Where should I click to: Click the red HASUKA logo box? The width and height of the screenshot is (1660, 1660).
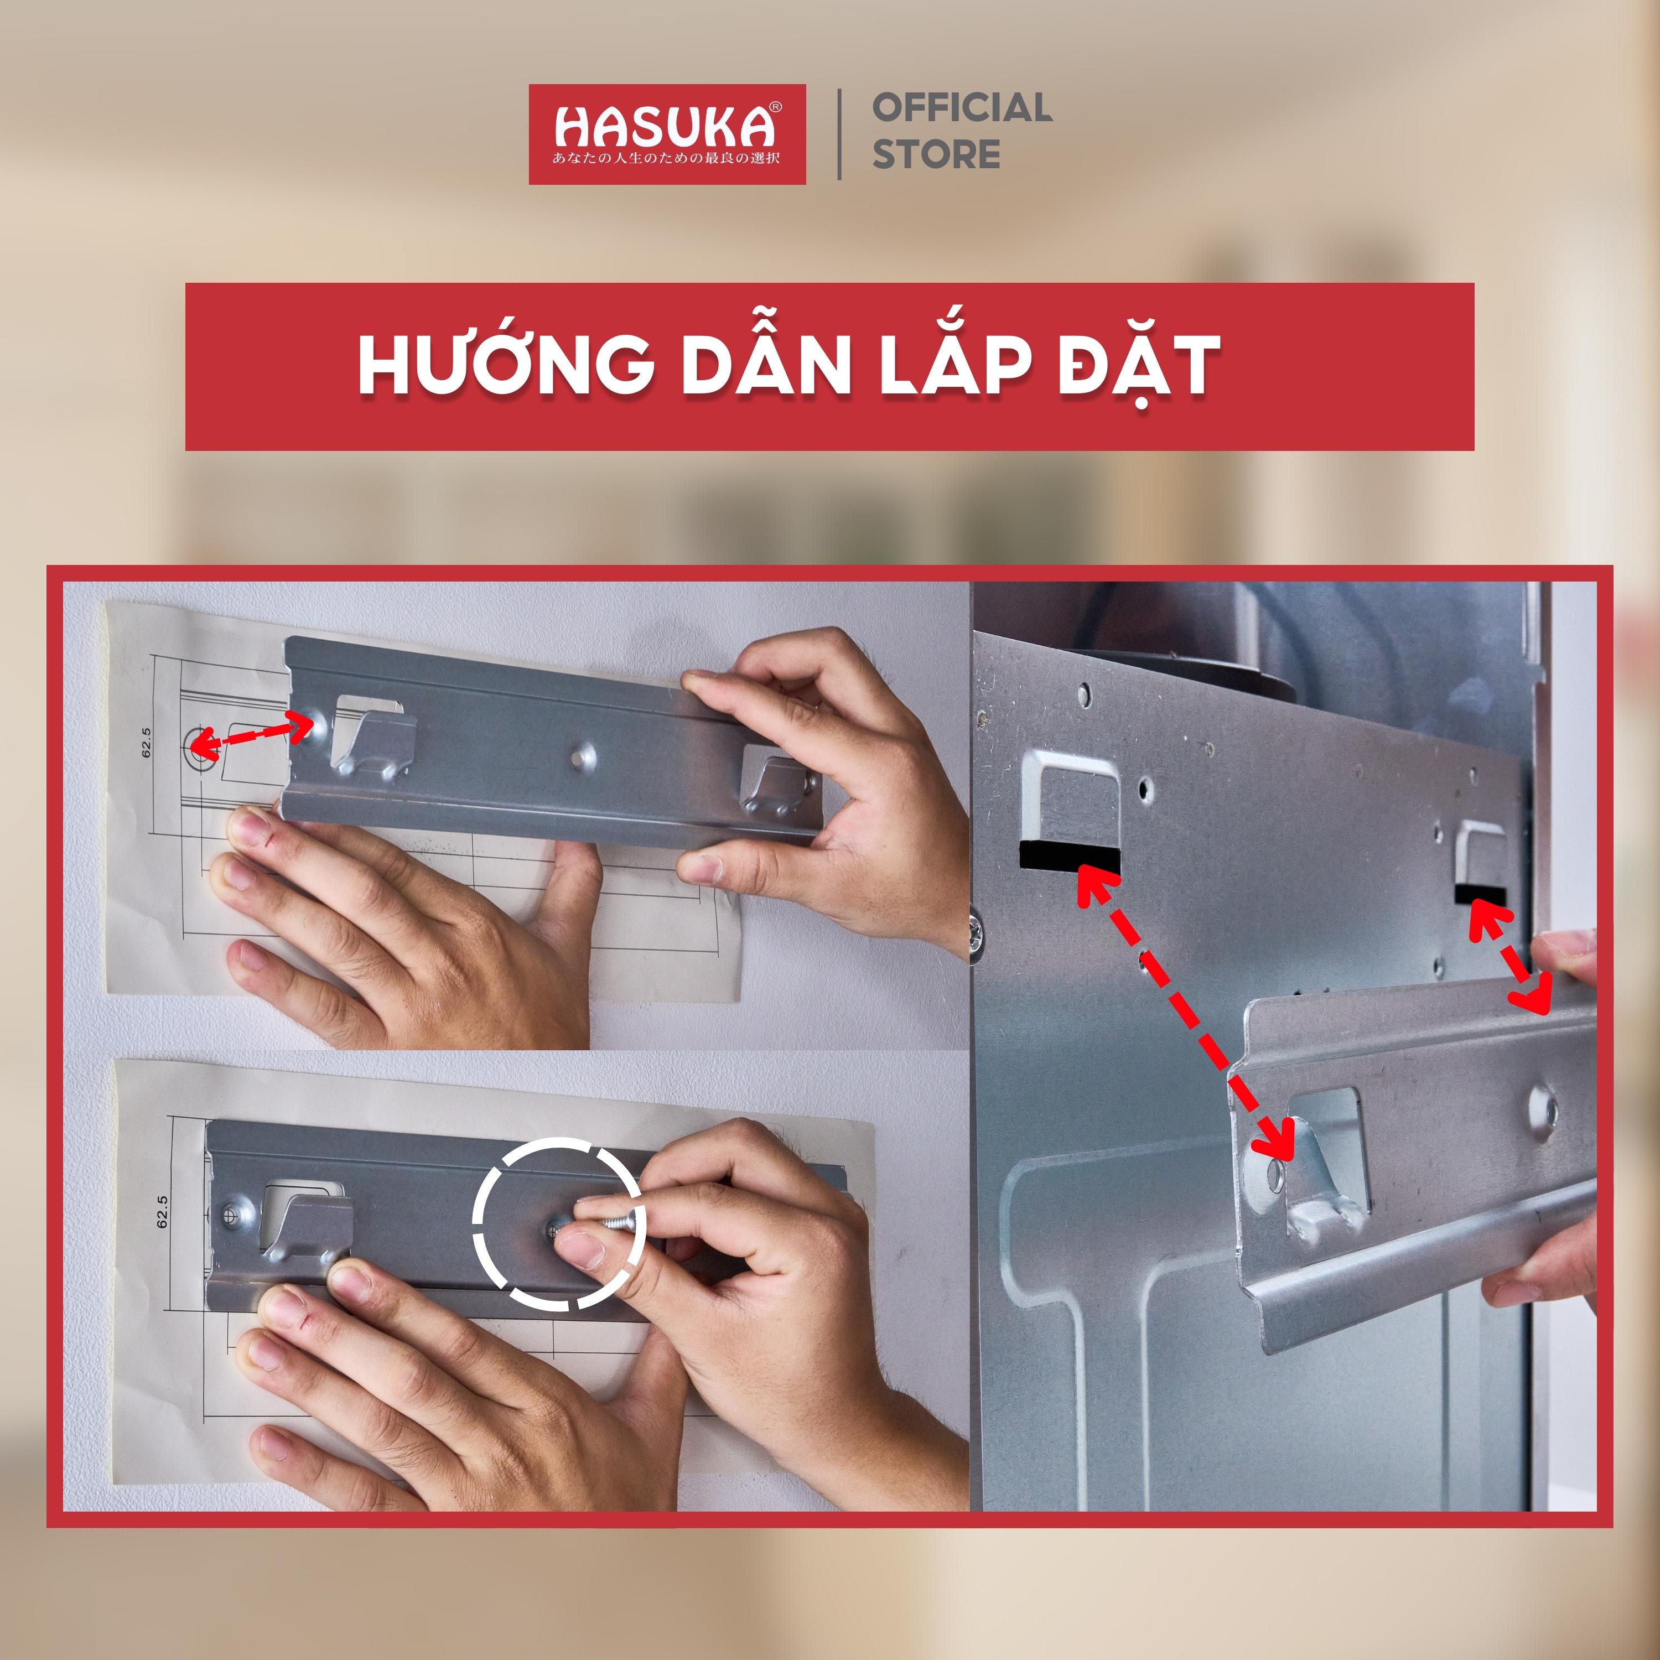[667, 134]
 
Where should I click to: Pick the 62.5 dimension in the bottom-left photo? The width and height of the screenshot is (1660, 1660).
[162, 1211]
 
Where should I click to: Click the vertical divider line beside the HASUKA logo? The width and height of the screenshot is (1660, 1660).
[839, 134]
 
